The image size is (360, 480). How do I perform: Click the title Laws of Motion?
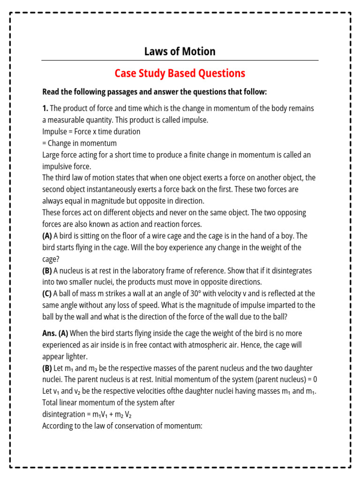click(180, 52)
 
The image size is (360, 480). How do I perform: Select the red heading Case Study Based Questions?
click(180, 74)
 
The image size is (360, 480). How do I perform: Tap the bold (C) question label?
click(47, 293)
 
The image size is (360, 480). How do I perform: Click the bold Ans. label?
click(49, 333)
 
